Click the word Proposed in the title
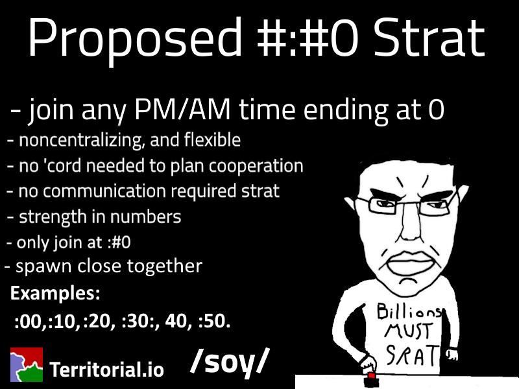click(x=135, y=40)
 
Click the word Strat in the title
click(x=429, y=38)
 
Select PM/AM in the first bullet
click(x=182, y=110)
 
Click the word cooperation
click(x=256, y=167)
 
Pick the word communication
click(x=104, y=191)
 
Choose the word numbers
click(x=145, y=217)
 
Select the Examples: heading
click(x=55, y=293)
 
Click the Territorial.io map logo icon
click(x=27, y=364)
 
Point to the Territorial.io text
click(x=106, y=369)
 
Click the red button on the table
click(x=371, y=376)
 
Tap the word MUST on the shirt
click(x=408, y=331)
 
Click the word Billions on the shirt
click(x=409, y=311)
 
